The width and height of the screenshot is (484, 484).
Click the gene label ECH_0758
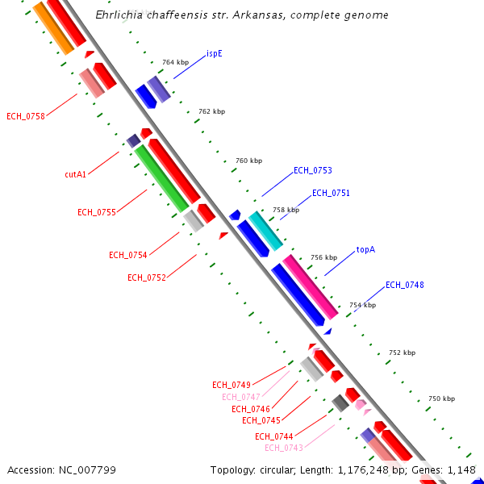click(x=26, y=116)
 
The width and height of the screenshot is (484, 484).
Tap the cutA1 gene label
click(x=76, y=174)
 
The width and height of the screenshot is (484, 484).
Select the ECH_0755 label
click(x=97, y=212)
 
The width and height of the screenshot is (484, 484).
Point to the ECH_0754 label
click(x=128, y=255)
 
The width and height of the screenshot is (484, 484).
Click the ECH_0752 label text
click(x=147, y=277)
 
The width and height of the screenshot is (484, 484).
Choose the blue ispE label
click(x=214, y=54)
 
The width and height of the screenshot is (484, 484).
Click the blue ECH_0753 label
click(x=313, y=170)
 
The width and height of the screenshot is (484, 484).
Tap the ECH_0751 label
click(x=332, y=193)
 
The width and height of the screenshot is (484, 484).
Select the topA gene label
click(x=365, y=250)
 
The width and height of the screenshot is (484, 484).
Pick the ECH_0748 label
click(x=405, y=285)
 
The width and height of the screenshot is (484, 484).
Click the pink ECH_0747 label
click(x=241, y=397)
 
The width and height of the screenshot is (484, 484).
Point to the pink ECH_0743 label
click(x=284, y=448)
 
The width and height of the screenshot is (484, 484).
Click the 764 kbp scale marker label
click(x=173, y=62)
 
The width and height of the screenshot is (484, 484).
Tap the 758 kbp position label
click(x=286, y=210)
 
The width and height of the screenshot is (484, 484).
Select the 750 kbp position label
click(x=441, y=398)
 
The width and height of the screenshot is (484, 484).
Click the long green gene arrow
click(x=161, y=178)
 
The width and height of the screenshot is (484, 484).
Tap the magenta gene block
click(x=310, y=286)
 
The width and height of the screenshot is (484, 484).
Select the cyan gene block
click(x=265, y=231)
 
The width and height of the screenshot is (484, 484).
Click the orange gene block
click(x=54, y=28)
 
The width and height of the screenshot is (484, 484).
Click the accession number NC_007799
click(x=62, y=469)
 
